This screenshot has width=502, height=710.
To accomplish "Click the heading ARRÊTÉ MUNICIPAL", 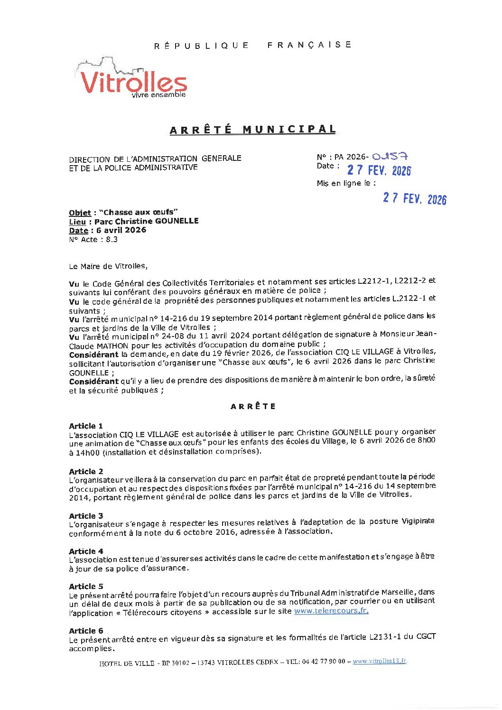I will [253, 130].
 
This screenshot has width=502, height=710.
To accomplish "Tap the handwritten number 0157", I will [390, 156].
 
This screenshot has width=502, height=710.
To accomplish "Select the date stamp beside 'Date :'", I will [379, 170].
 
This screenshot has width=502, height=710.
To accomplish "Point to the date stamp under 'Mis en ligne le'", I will [415, 198].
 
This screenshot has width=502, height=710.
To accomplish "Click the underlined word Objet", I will [80, 213].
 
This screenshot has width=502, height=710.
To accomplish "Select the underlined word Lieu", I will [77, 222].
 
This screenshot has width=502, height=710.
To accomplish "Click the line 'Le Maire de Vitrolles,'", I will [108, 266].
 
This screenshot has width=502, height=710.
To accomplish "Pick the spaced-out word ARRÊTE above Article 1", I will [253, 406].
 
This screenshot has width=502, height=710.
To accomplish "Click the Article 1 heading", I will [86, 426].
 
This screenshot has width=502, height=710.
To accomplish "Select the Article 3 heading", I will [86, 516].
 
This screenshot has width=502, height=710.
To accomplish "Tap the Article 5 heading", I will [86, 587].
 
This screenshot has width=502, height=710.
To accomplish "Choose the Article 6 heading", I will [86, 631].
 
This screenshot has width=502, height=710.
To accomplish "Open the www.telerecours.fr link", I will [331, 611].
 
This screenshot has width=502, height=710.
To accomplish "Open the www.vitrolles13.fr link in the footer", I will [379, 661].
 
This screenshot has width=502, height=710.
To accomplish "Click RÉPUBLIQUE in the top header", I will [202, 46].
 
